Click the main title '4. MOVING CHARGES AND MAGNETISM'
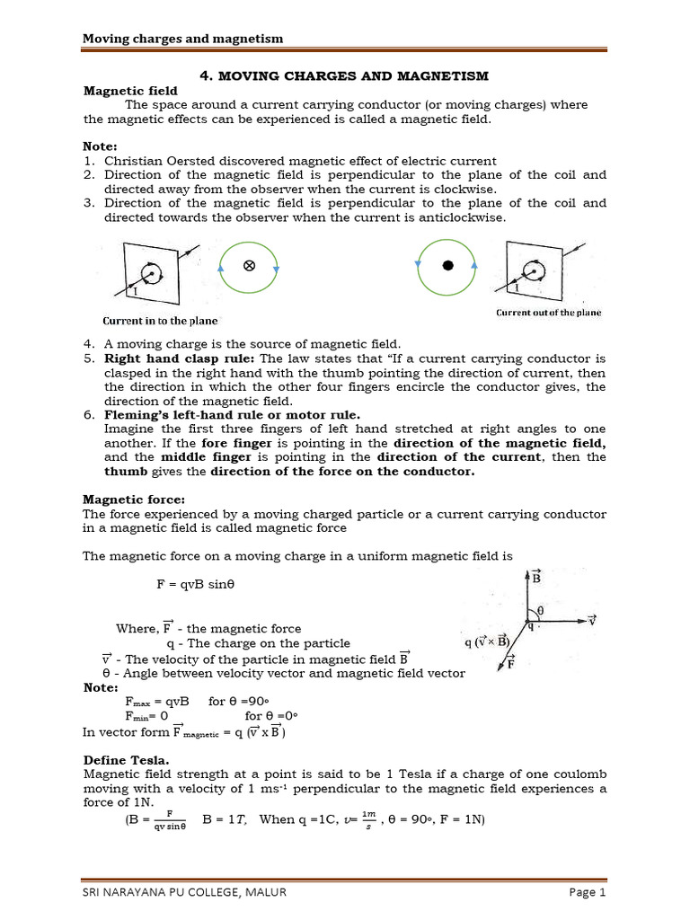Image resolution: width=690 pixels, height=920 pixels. point(344,75)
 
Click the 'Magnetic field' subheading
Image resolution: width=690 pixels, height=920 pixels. point(130,91)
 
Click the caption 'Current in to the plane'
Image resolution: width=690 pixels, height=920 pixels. point(158,321)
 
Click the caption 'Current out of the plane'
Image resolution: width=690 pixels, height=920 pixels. point(548,313)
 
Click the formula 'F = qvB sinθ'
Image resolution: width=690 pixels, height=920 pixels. point(195,584)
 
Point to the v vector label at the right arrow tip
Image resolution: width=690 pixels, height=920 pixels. point(592,619)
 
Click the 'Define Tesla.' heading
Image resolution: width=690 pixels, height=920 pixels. point(121,760)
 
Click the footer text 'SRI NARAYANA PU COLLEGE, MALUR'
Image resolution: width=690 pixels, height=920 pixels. point(184,891)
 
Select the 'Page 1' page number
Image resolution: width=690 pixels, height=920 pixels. point(588,891)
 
